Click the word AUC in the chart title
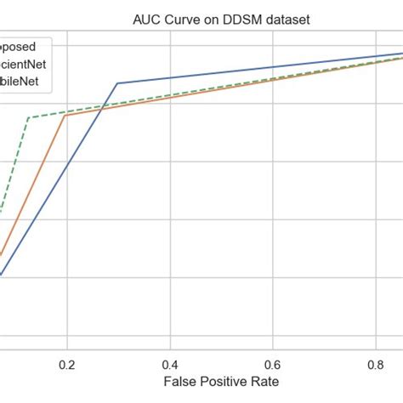(x=146, y=19)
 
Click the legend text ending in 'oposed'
(x=18, y=47)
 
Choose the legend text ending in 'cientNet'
(x=22, y=65)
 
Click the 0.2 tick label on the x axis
(x=66, y=363)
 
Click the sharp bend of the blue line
(x=117, y=83)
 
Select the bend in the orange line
(x=65, y=116)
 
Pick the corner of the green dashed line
(x=29, y=117)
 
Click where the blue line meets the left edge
(x=1, y=275)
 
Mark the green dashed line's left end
(x=1, y=211)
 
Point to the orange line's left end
(x=1, y=254)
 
